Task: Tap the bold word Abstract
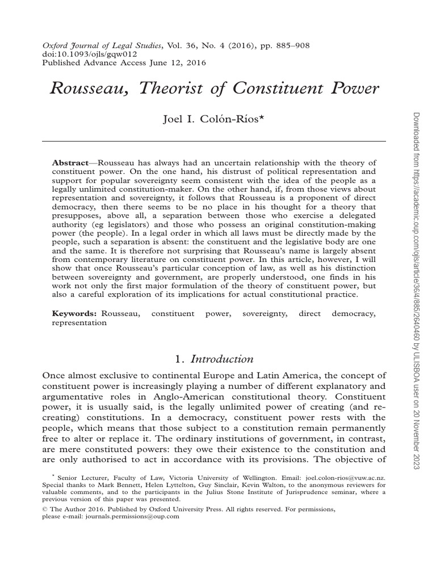pyautogui.click(x=70, y=163)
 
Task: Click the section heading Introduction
pyautogui.click(x=221, y=359)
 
